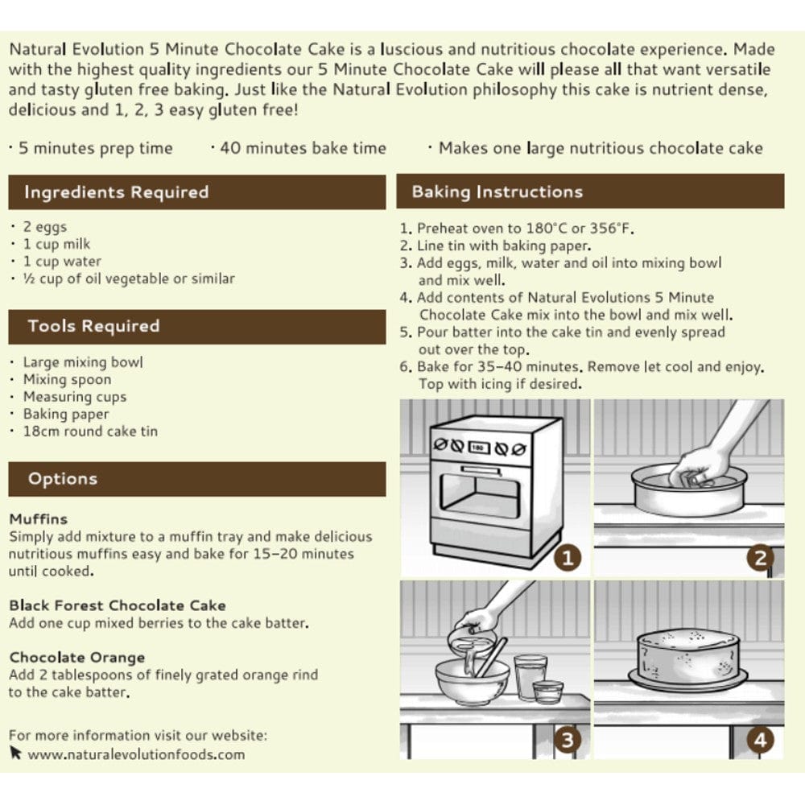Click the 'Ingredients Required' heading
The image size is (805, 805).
click(117, 192)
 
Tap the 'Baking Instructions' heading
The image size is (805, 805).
click(497, 192)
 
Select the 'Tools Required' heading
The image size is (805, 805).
click(93, 326)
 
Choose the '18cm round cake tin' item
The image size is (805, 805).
click(90, 431)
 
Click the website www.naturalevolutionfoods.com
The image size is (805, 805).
click(136, 754)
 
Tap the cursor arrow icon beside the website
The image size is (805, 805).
click(16, 753)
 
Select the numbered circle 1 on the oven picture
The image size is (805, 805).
click(568, 558)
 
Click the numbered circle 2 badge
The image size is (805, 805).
click(761, 558)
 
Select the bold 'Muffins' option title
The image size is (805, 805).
click(39, 519)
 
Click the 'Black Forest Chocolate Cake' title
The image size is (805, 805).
click(118, 605)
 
